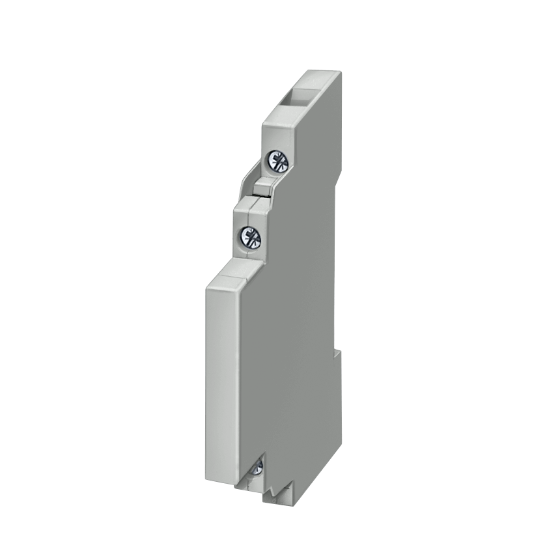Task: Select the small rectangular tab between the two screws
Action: (x=260, y=189)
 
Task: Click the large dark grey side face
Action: (x=293, y=326)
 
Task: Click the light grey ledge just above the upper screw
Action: (x=273, y=133)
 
